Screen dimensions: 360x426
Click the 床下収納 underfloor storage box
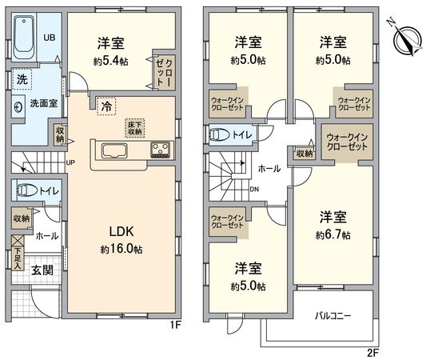pos(133,128)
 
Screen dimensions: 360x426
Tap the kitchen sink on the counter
pos(110,151)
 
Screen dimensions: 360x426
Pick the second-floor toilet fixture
pos(219,135)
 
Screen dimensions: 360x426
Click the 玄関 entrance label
pos(43,270)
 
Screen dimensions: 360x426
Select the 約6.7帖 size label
pos(332,235)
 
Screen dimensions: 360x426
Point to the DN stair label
pos(254,190)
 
